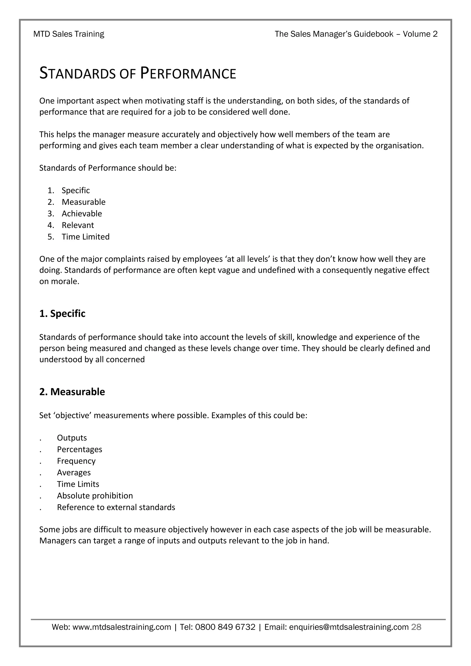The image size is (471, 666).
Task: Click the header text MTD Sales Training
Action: coord(69,34)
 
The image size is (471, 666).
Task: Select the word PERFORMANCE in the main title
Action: coord(188,73)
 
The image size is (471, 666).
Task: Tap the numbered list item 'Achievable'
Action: coord(82,214)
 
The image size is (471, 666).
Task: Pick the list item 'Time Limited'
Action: coord(86,237)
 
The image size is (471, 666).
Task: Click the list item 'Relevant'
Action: coord(78,225)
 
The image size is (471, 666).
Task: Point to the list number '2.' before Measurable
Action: coord(51,202)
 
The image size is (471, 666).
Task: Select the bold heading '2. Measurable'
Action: coord(72,392)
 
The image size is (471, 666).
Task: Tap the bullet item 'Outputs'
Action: coord(72,438)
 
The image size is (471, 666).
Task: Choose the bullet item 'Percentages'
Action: coord(80,450)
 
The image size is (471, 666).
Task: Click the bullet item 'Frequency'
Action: coord(76,461)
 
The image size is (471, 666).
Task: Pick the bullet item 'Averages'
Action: coord(74,473)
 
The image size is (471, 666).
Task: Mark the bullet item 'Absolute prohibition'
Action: coord(95,496)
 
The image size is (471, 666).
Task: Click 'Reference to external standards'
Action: coord(116,508)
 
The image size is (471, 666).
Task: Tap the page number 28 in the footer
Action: coord(416,627)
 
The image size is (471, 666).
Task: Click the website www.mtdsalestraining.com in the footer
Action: coord(122,627)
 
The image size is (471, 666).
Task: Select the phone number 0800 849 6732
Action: coord(225,627)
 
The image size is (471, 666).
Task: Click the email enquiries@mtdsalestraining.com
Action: coord(349,627)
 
